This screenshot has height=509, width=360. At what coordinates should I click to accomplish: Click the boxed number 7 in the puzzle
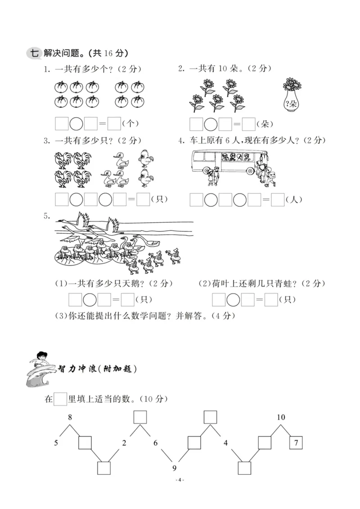[x=296, y=442]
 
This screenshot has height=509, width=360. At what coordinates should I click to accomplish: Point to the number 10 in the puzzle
[x=281, y=417]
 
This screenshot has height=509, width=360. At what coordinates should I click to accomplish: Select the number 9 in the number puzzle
[x=175, y=469]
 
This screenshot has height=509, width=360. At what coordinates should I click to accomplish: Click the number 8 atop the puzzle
[x=70, y=417]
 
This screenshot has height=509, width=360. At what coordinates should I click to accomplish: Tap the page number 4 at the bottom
[x=180, y=480]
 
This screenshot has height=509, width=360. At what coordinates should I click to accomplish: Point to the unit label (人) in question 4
[x=294, y=199]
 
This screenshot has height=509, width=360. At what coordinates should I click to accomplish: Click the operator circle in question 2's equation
[x=210, y=123]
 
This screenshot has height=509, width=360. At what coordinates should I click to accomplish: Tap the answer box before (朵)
[x=248, y=123]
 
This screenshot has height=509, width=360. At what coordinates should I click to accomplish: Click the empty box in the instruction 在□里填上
[x=60, y=398]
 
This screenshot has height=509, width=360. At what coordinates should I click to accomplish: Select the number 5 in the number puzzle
[x=56, y=443]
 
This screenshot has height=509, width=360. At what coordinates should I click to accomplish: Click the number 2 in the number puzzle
[x=124, y=443]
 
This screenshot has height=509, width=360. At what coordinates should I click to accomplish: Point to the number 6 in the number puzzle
[x=156, y=443]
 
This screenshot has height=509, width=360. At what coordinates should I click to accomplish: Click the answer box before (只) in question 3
[x=143, y=199]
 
